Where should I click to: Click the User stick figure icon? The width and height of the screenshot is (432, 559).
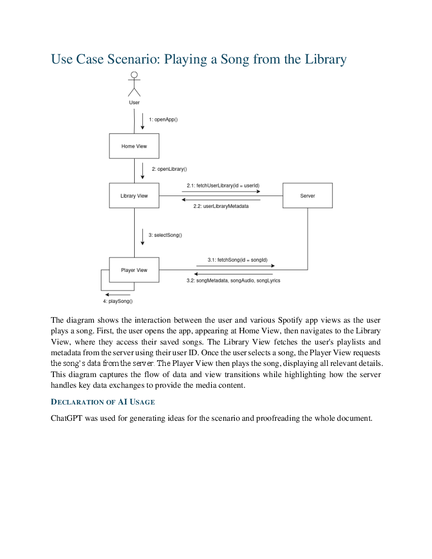click(x=134, y=84)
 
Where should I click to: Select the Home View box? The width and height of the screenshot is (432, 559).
click(x=134, y=146)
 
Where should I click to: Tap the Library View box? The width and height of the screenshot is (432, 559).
click(x=134, y=196)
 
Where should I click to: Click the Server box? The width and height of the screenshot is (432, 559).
click(x=307, y=196)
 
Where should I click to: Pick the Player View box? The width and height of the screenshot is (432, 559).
click(x=134, y=270)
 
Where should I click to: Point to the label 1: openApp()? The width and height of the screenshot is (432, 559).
click(x=163, y=119)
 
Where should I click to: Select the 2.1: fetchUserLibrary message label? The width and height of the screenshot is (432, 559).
click(x=223, y=185)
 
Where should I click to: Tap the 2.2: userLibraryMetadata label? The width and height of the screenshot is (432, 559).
click(x=221, y=206)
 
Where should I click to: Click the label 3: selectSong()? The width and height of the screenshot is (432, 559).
click(x=165, y=235)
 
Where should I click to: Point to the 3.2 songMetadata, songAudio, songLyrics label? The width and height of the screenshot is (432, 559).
click(x=233, y=281)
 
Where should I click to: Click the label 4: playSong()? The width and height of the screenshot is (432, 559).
click(x=117, y=301)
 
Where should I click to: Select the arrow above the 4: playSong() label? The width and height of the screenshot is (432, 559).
click(x=117, y=295)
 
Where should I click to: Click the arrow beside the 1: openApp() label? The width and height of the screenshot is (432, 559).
click(x=142, y=121)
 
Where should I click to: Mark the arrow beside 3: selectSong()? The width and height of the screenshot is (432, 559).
click(x=142, y=237)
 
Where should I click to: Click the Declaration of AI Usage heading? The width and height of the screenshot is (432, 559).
click(x=103, y=402)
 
